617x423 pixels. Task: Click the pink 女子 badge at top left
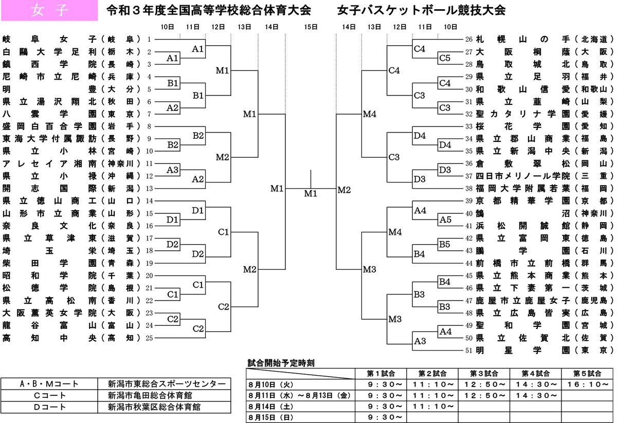click(x=49, y=10)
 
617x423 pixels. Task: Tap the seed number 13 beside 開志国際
click(x=149, y=188)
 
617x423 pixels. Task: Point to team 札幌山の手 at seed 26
click(x=514, y=39)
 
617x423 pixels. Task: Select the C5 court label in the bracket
click(x=445, y=58)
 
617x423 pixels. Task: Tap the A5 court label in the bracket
click(x=445, y=219)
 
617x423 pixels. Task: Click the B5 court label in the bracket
click(x=445, y=244)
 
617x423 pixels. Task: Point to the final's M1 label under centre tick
click(x=310, y=193)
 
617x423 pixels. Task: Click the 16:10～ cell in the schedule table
click(x=587, y=384)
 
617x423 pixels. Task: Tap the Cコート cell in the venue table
click(x=49, y=395)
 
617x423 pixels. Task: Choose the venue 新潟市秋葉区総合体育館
click(x=154, y=407)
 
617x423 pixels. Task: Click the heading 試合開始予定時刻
click(x=281, y=362)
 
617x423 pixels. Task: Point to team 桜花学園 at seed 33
click(x=514, y=126)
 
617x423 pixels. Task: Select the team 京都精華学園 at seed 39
click(x=514, y=200)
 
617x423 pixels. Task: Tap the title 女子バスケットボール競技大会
click(x=422, y=10)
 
